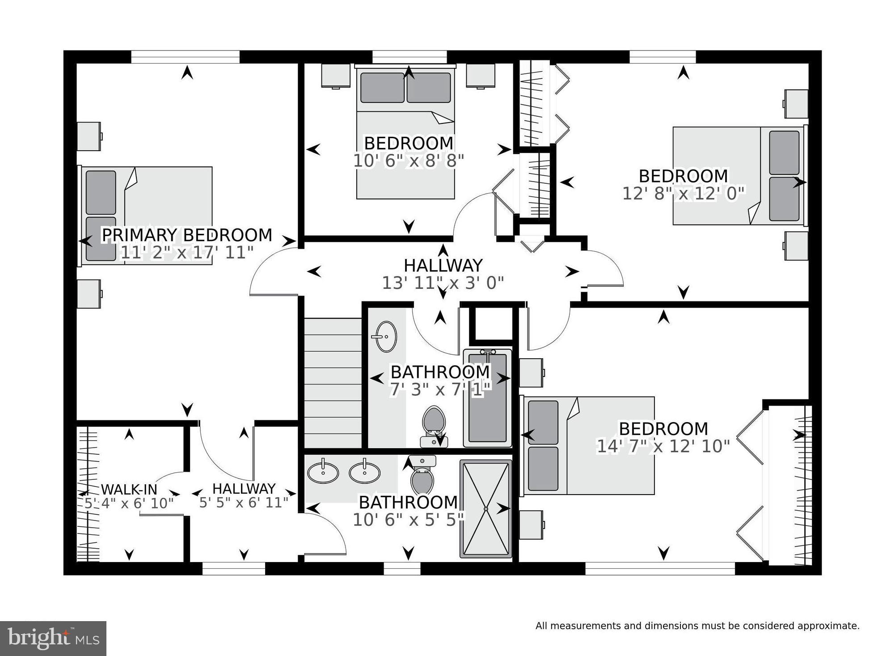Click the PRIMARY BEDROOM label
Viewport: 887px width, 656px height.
[x=187, y=235]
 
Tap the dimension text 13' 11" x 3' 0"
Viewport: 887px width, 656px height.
[x=443, y=283]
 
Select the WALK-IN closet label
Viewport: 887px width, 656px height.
[x=129, y=489]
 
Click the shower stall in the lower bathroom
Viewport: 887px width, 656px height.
[x=486, y=509]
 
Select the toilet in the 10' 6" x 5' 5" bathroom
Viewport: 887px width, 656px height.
[x=422, y=475]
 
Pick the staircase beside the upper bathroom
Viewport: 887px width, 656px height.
[x=333, y=382]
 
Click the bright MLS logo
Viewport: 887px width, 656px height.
[x=53, y=639]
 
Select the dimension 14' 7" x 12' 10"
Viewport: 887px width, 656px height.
[x=663, y=446]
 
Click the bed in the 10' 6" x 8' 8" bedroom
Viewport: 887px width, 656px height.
[x=405, y=132]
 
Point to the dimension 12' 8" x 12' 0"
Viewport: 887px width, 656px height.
[x=684, y=193]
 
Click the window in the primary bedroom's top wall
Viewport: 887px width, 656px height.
[x=185, y=57]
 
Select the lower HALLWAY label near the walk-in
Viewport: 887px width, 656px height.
[x=244, y=488]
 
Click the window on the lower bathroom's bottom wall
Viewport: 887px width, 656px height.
[x=402, y=568]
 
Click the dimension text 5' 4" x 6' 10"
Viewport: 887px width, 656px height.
[x=129, y=504]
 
